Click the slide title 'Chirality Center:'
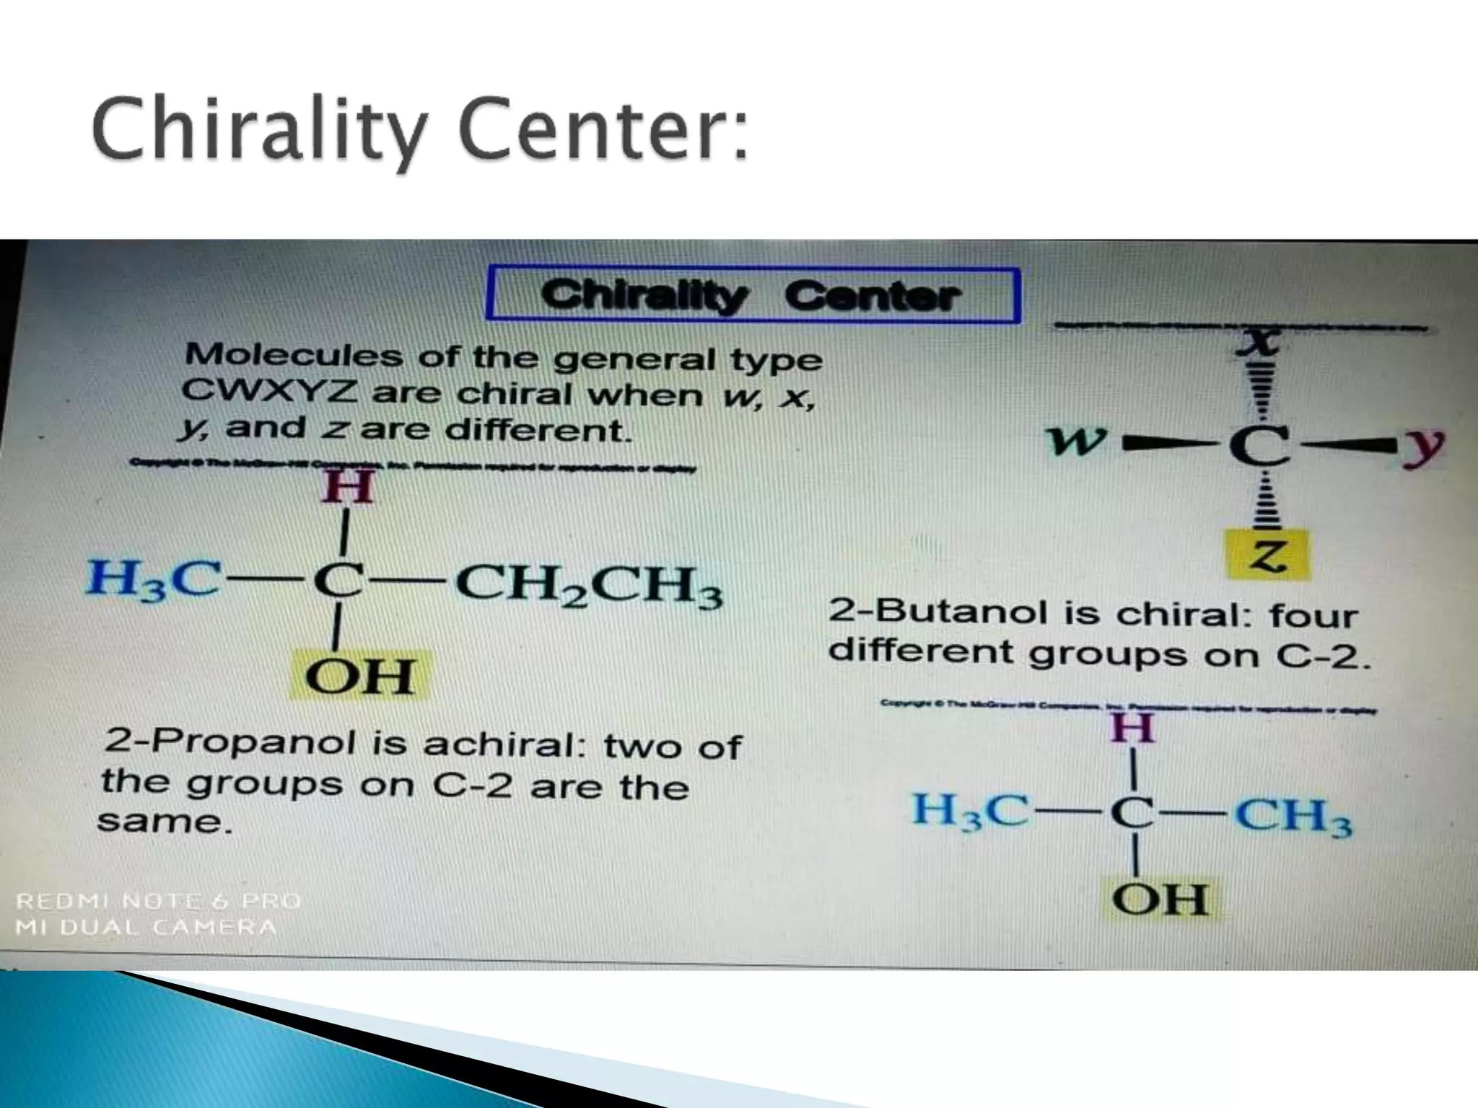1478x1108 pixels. tap(421, 132)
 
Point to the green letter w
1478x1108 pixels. tap(1077, 441)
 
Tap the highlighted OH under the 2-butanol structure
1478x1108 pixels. tap(359, 676)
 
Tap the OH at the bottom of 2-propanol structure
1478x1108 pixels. tap(1159, 900)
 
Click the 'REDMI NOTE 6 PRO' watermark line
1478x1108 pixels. tap(158, 901)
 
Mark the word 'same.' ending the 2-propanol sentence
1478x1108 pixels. tap(165, 820)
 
